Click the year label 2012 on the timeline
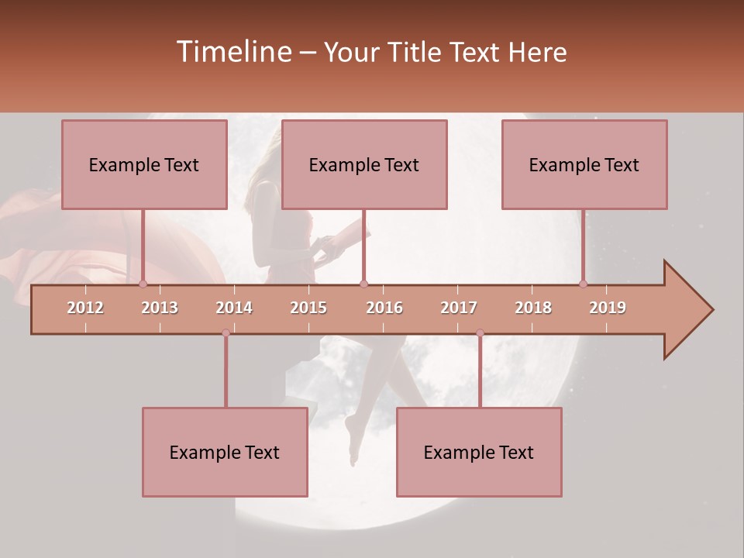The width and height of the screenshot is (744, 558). (85, 308)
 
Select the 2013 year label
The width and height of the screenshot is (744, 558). (160, 308)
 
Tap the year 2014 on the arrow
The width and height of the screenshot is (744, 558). (234, 308)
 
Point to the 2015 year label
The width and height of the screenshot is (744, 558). (308, 308)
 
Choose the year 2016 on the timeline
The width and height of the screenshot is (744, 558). (384, 308)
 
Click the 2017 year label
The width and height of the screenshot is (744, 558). (459, 308)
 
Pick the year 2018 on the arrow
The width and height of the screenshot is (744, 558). (533, 308)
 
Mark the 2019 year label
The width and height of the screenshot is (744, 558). (608, 308)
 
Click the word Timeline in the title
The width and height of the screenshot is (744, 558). (232, 52)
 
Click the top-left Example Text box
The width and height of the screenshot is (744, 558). (144, 164)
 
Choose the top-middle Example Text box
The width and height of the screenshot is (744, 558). (364, 164)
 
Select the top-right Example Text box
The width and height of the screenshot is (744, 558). (584, 164)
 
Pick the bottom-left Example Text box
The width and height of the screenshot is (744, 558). (225, 453)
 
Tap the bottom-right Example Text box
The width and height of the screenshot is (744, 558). (479, 453)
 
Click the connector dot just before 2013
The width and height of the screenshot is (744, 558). (143, 284)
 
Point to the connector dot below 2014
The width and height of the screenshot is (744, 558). (226, 333)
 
